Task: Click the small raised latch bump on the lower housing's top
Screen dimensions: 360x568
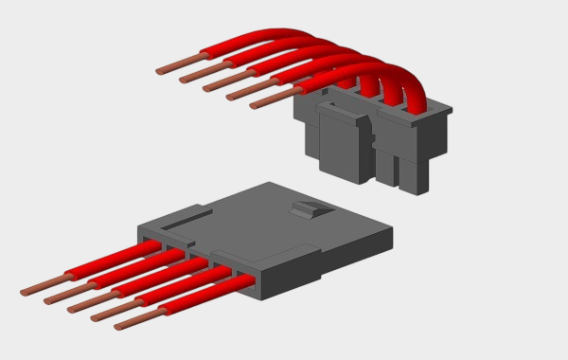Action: (x=309, y=208)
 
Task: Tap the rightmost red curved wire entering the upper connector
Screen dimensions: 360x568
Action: (x=414, y=95)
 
